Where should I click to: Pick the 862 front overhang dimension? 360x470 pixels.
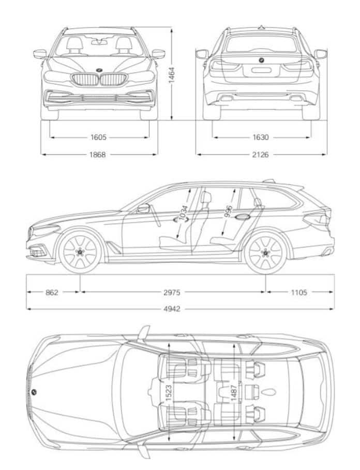click(x=52, y=292)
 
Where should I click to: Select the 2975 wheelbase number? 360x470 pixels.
click(x=172, y=292)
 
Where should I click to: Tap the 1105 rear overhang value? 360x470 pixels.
click(x=299, y=292)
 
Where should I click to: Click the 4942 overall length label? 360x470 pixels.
click(x=172, y=309)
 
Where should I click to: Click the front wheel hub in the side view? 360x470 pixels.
click(x=80, y=252)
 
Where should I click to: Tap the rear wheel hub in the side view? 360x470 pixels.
click(x=266, y=252)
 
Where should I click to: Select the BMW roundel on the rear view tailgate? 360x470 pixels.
click(x=262, y=61)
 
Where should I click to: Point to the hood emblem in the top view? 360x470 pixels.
click(x=34, y=392)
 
